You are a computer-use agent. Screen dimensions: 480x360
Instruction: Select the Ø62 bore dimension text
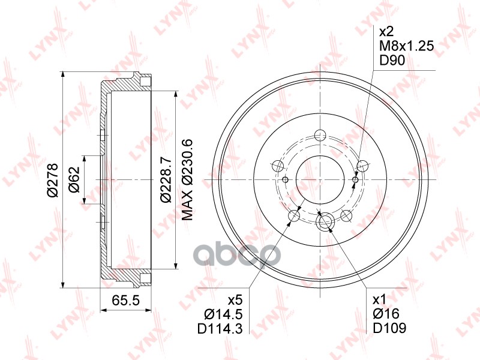click(x=74, y=179)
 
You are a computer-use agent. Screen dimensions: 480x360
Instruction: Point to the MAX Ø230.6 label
click(x=187, y=179)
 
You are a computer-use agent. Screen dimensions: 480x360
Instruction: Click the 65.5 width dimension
click(x=125, y=300)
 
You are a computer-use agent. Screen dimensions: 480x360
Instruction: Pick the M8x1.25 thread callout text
click(x=406, y=46)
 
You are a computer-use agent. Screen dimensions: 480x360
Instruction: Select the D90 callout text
click(x=392, y=61)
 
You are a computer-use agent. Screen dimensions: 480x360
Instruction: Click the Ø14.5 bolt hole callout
click(x=223, y=314)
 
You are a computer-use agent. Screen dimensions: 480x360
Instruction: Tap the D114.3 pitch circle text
click(x=220, y=328)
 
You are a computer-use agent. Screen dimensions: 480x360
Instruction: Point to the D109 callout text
click(x=389, y=328)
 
